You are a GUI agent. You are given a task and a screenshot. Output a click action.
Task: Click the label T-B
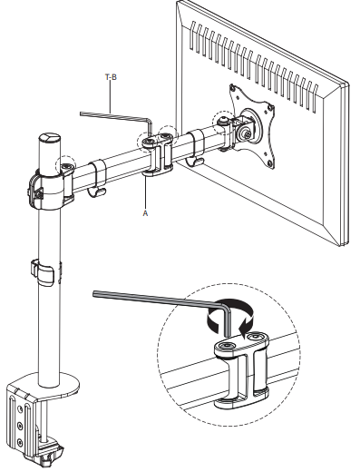click(x=111, y=78)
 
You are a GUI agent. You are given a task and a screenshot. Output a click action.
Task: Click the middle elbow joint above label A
click(x=158, y=151)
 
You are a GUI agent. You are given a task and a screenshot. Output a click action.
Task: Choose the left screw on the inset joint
click(x=221, y=348)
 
